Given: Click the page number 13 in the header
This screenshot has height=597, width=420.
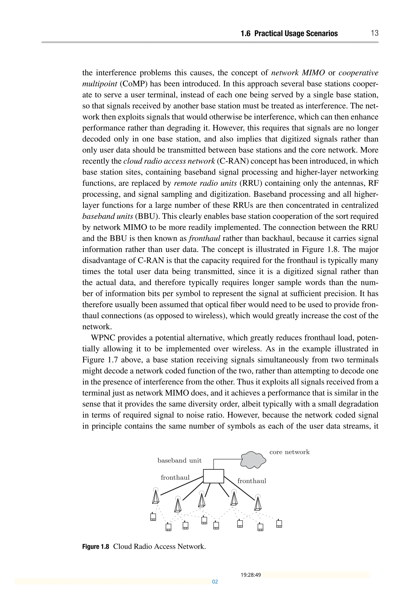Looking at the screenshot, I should coord(374,33).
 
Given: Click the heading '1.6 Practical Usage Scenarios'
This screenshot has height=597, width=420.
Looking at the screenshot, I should coord(289,33).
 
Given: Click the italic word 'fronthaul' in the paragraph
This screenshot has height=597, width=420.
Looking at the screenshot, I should coord(204,238).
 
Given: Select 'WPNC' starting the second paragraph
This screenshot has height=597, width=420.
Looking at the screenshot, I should coord(103,338).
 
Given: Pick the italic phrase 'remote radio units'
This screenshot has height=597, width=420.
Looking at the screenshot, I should coord(205,183).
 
